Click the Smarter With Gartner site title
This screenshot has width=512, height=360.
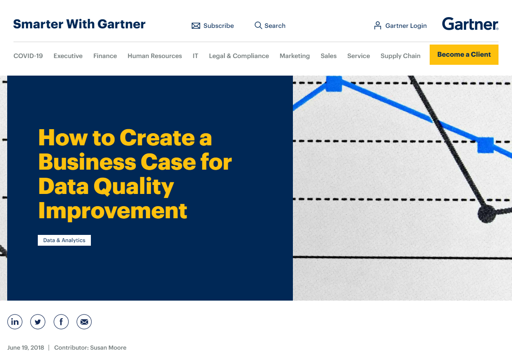click(x=79, y=24)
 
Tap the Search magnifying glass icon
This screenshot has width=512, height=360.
click(x=258, y=25)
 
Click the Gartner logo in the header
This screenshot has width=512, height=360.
click(x=470, y=24)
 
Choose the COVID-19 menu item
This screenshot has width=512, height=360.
click(x=28, y=56)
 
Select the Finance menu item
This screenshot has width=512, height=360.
click(x=105, y=56)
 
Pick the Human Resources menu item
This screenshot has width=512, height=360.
click(x=155, y=56)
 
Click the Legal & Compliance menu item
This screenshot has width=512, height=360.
click(x=239, y=56)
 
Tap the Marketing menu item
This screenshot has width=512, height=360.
click(x=295, y=56)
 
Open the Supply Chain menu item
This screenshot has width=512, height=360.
click(x=400, y=56)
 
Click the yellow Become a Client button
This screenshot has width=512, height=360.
click(x=464, y=54)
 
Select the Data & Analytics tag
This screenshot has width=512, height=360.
click(x=64, y=240)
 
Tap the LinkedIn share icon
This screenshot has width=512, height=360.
click(x=15, y=322)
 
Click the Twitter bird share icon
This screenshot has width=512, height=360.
click(x=38, y=322)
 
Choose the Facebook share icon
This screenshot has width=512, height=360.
click(x=61, y=322)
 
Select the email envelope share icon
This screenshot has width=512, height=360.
click(x=84, y=322)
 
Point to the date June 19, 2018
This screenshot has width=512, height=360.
click(x=26, y=347)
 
